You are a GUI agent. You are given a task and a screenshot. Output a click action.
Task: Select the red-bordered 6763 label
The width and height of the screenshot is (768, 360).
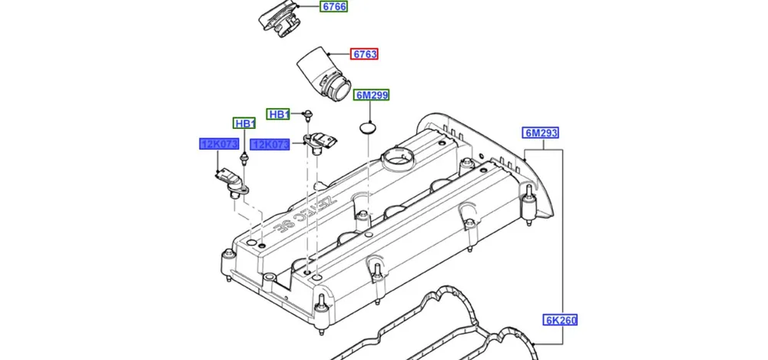pyautogui.click(x=366, y=54)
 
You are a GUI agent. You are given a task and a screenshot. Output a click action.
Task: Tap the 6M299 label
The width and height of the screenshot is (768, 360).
pyautogui.click(x=372, y=96)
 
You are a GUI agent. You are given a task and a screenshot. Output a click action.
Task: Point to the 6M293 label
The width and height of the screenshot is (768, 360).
pyautogui.click(x=541, y=133)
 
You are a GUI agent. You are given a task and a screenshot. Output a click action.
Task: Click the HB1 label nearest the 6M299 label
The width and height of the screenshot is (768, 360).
pyautogui.click(x=279, y=114)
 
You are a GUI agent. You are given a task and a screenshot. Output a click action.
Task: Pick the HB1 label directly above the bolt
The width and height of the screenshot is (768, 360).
pyautogui.click(x=244, y=124)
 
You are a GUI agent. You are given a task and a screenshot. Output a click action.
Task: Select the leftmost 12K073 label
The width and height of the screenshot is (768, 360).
pyautogui.click(x=220, y=144)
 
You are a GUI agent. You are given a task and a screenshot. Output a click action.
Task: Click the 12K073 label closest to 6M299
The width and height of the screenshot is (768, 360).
pyautogui.click(x=270, y=144)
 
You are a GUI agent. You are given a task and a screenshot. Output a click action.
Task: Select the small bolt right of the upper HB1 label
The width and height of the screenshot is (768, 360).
pyautogui.click(x=306, y=115)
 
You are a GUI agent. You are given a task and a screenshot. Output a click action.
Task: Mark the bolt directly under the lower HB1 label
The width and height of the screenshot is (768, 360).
pyautogui.click(x=243, y=158)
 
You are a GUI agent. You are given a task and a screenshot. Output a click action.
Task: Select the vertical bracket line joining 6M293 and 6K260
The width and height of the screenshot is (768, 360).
pyautogui.click(x=566, y=230)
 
